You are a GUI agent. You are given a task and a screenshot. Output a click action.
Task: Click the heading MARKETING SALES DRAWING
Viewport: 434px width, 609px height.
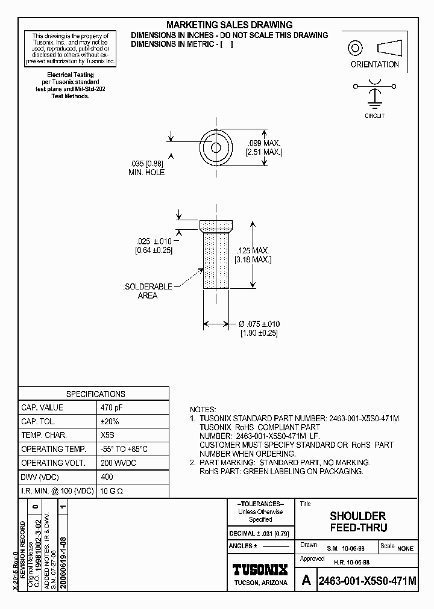click(229, 25)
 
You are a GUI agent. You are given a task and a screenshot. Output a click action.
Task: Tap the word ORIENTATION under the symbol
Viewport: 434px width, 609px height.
click(374, 64)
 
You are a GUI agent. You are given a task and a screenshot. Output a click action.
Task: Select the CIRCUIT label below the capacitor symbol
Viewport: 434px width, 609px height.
click(374, 116)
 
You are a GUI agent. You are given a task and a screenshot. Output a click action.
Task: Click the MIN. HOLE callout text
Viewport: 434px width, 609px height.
click(146, 173)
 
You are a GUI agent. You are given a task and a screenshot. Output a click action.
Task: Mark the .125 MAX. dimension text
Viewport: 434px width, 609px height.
click(253, 250)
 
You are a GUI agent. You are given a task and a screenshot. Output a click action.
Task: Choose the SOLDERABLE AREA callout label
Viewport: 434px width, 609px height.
click(148, 291)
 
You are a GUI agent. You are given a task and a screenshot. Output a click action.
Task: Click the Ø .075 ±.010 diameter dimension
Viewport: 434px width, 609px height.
click(260, 324)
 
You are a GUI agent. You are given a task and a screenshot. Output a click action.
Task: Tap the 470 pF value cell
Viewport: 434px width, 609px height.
click(112, 407)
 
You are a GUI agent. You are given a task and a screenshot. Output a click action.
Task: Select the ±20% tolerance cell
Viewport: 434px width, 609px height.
click(109, 421)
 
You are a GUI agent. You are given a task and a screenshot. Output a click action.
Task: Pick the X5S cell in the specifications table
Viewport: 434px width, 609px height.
click(108, 435)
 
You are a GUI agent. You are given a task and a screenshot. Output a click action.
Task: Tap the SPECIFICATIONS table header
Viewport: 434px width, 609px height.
click(95, 394)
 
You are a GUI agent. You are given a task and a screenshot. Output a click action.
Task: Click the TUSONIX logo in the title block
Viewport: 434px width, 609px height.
click(260, 570)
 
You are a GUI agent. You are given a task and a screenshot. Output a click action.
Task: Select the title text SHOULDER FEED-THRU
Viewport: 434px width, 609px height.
click(357, 522)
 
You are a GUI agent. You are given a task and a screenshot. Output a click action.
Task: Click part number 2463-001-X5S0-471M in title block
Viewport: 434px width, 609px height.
click(366, 581)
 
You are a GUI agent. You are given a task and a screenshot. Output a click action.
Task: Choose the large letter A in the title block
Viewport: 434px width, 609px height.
click(306, 581)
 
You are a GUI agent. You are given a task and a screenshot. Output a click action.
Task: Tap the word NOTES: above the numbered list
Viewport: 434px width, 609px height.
click(203, 409)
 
